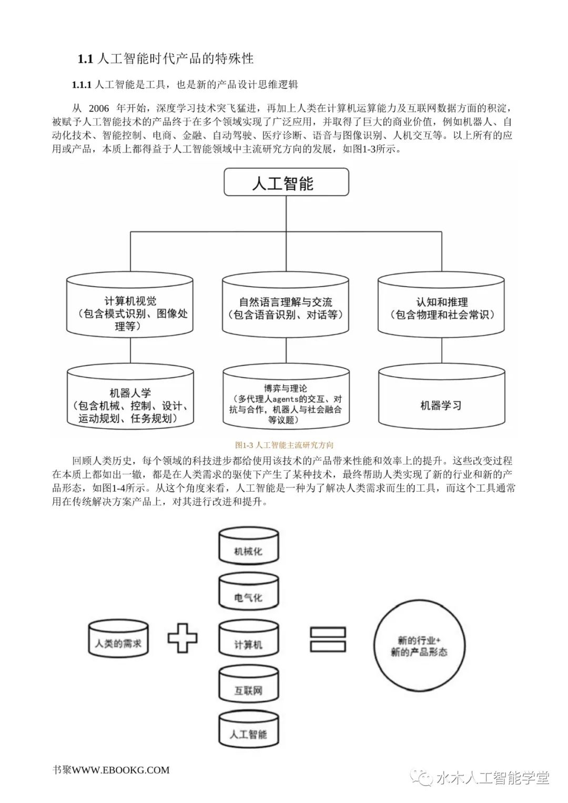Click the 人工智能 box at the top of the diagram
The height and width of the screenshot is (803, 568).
286,183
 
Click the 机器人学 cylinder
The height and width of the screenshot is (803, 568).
130,400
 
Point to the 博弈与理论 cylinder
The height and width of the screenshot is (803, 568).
286,400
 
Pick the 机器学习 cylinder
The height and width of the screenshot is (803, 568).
442,400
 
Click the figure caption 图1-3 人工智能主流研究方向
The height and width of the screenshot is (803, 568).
284,445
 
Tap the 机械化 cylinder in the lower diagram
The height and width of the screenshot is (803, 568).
248,547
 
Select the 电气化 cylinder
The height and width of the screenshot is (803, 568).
248,593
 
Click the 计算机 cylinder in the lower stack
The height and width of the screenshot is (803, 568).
248,640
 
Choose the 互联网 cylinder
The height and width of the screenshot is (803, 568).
248,686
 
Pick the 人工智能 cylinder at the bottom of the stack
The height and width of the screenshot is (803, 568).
248,730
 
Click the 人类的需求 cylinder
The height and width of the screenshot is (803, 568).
118,639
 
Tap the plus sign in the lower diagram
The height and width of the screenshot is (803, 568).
182,638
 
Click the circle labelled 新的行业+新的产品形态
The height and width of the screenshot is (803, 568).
419,645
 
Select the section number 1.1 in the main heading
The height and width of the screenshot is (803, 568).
85,59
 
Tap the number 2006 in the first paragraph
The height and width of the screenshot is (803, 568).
99,109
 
